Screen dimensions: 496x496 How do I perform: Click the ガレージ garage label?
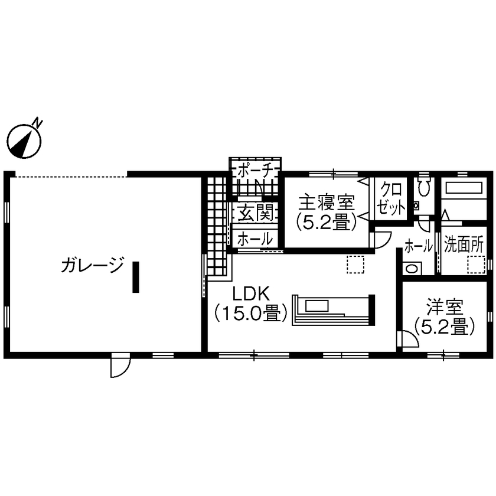92,265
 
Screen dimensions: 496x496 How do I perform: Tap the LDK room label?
251,293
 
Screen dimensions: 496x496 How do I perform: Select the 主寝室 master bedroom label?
327,203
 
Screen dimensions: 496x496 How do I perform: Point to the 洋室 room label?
445,307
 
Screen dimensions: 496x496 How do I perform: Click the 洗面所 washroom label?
464,244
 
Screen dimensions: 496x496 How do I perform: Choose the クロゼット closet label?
391,198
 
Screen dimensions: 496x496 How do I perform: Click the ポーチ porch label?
255,172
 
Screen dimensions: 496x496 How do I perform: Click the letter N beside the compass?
38,123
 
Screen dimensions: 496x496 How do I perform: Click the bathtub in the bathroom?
464,188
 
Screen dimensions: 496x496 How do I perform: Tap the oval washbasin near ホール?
412,269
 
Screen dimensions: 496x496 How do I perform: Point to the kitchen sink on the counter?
317,306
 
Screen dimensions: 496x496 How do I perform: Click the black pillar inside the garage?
136,277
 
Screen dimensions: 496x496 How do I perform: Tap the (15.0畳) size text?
251,313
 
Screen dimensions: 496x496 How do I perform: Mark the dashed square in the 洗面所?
476,265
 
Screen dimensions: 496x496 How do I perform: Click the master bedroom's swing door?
382,240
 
